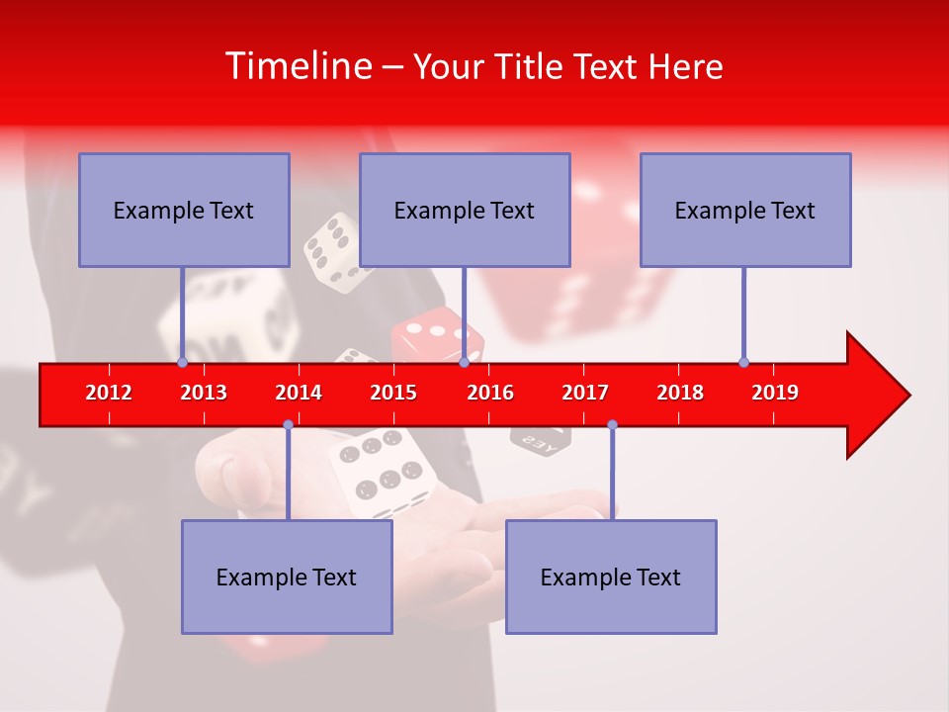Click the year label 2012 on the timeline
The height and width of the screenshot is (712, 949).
click(109, 393)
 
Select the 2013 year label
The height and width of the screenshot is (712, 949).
click(204, 393)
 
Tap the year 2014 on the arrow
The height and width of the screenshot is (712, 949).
click(299, 393)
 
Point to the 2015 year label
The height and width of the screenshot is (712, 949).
click(393, 393)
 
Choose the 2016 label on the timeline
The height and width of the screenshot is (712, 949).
click(490, 393)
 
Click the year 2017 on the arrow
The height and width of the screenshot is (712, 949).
click(585, 393)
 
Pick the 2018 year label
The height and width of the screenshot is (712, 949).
click(680, 393)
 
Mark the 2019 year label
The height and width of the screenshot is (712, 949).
click(775, 393)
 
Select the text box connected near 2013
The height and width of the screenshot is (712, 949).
click(184, 211)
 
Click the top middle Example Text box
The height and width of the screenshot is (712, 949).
click(465, 211)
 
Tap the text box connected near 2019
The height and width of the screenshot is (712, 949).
click(745, 211)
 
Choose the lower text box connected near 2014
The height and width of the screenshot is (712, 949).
click(287, 577)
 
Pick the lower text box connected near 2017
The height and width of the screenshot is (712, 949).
click(611, 577)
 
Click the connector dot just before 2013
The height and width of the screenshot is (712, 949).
click(182, 362)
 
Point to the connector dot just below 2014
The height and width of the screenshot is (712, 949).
click(288, 424)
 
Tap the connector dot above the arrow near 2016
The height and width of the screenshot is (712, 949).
click(464, 362)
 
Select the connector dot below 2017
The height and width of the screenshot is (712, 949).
click(612, 424)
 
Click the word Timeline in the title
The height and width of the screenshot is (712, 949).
click(298, 66)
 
